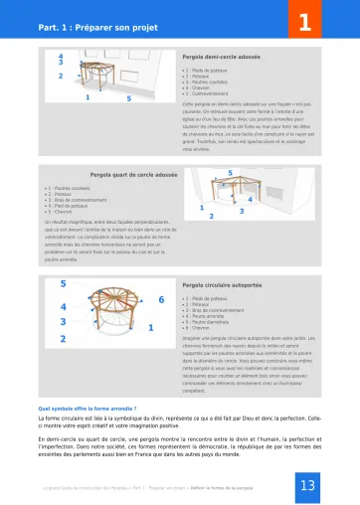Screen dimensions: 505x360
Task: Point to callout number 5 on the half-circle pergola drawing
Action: coord(128,98)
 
